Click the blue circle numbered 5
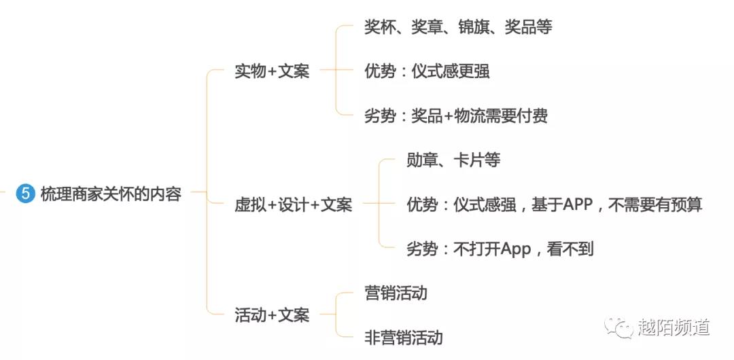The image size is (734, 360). pos(25,194)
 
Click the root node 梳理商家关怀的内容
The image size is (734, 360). pos(111,194)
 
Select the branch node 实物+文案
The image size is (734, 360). pos(272,71)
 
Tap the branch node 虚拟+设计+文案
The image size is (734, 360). pos(293,204)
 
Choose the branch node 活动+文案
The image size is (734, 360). pos(272,315)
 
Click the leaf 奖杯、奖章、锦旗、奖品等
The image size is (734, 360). pos(458,27)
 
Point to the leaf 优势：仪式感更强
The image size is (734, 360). pos(427,71)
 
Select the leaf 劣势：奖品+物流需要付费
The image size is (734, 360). pos(455,115)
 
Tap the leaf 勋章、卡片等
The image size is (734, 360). pos(453,160)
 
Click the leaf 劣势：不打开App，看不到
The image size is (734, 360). pos(500,249)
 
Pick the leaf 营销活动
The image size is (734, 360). pos(396,293)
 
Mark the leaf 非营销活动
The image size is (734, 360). pos(403,338)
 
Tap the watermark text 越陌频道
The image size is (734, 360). pos(674,327)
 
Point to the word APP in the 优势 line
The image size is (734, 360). pos(578,204)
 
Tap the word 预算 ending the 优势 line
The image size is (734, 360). pos(687,204)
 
